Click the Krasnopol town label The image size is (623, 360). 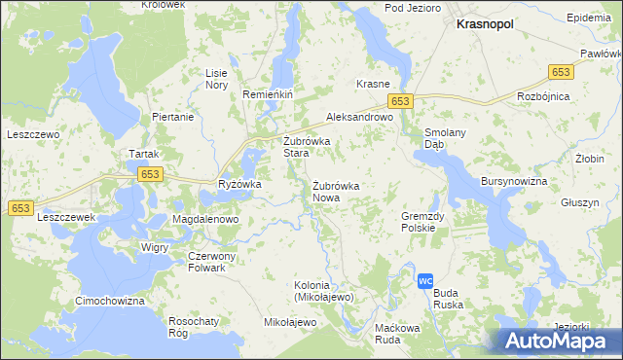tap(486, 26)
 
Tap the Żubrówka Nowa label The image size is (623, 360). tap(337, 192)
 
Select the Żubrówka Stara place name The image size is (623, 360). tap(308, 147)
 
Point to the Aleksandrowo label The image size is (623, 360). tap(358, 115)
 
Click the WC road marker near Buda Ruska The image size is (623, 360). tap(424, 280)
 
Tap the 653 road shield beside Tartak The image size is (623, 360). tap(149, 173)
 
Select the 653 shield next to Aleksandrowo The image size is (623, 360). tap(401, 101)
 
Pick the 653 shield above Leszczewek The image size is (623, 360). tap(20, 208)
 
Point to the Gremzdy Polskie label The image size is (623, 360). tap(423, 222)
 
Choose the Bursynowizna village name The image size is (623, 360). tap(514, 182)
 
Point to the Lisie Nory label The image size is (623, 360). tap(216, 79)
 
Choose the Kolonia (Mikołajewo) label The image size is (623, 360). tap(324, 291)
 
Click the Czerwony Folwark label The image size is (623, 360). tap(206, 262)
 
